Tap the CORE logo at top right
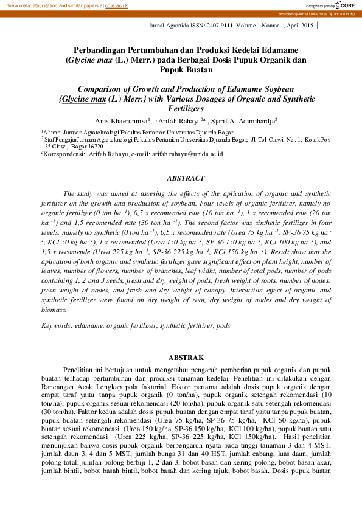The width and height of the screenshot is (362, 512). click(347, 5)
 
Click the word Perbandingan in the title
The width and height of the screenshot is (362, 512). click(103, 50)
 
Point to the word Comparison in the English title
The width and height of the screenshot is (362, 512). click(105, 88)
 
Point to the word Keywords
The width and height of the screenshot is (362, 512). click(56, 326)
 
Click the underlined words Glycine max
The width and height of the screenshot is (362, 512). click(83, 98)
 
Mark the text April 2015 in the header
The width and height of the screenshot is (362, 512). click(298, 25)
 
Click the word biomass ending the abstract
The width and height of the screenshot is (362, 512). click(54, 310)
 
